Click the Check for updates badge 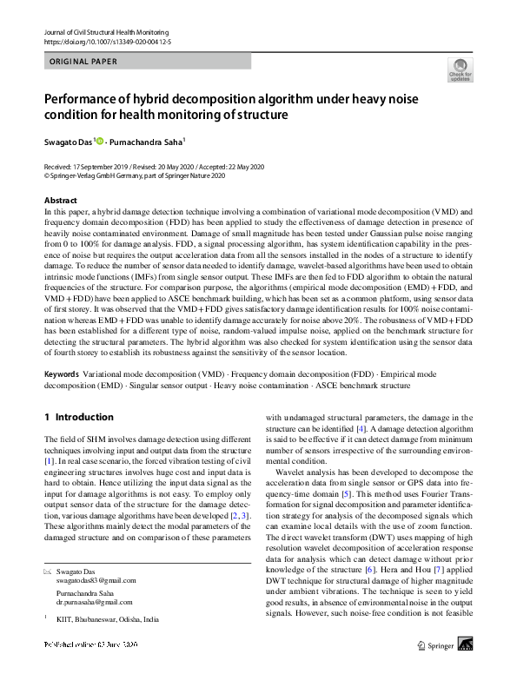[460, 71]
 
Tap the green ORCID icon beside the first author [101, 141]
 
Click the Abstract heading [60, 200]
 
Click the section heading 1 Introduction [78, 417]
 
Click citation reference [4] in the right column [361, 429]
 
